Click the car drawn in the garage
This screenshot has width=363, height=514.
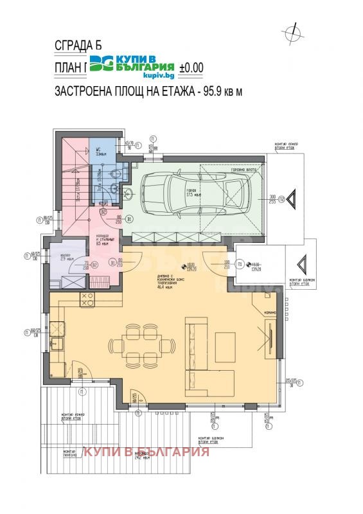[192, 193]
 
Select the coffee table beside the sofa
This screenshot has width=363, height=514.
[226, 341]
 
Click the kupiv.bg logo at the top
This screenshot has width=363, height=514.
[132, 64]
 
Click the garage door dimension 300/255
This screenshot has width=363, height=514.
[272, 199]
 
